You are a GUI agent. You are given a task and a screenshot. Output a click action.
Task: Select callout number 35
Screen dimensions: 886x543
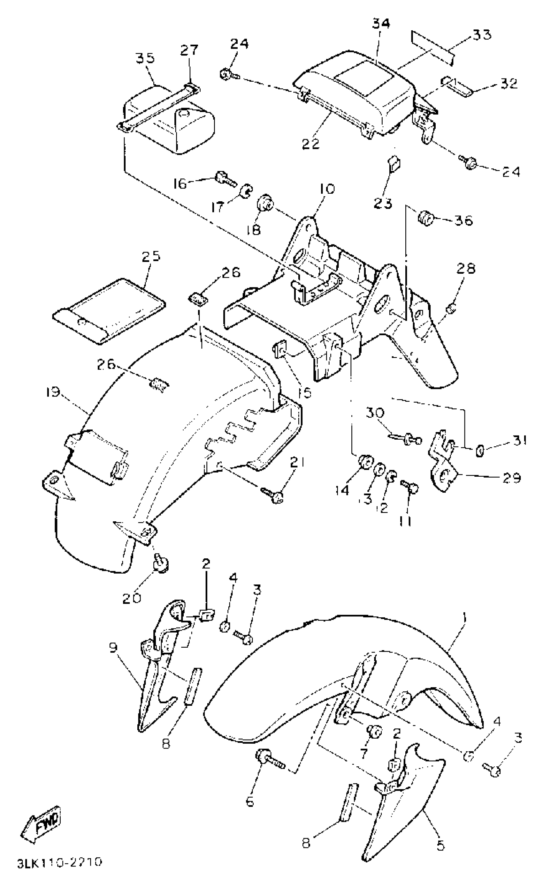coord(145,58)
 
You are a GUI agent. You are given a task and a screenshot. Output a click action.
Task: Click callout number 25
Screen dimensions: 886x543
coord(150,257)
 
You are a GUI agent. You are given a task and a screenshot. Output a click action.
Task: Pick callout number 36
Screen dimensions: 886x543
coord(463,220)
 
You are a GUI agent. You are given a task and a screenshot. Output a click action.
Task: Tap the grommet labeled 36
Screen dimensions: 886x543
coord(425,218)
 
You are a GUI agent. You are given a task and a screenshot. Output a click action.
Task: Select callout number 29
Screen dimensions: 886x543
coord(512,478)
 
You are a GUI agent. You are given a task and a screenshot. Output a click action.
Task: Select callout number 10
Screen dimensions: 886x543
coord(326,189)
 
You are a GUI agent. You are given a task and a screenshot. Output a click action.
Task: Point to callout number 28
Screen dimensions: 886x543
coord(466,269)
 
